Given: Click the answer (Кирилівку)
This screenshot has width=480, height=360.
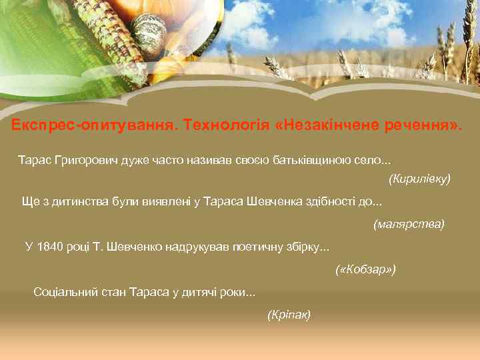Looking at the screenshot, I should [419, 179].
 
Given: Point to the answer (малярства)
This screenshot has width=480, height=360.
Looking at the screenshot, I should [409, 224].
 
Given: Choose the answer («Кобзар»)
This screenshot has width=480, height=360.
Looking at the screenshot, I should [365, 269].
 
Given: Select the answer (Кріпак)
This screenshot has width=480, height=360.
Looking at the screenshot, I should [289, 314].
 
